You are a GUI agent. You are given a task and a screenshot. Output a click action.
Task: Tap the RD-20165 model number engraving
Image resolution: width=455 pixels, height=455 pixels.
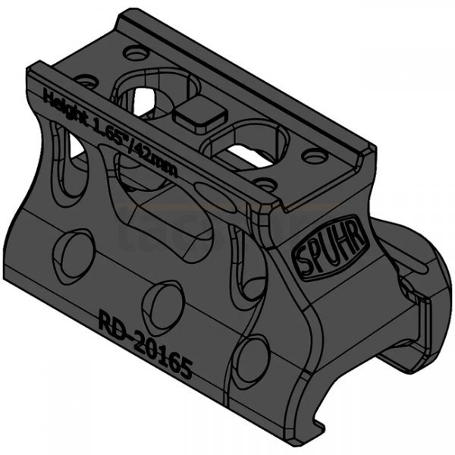146,345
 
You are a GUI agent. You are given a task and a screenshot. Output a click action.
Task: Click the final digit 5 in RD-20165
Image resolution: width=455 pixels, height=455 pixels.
186,370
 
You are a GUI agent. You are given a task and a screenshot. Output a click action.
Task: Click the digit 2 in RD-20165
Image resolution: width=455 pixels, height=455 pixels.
136,339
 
